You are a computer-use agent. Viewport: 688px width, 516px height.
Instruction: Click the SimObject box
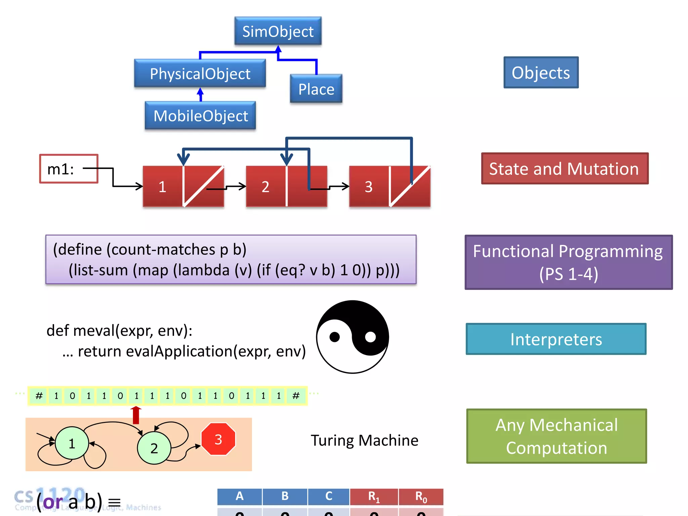[278, 31]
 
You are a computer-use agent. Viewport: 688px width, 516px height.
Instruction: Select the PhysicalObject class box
[200, 73]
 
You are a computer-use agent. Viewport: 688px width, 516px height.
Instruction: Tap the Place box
[316, 89]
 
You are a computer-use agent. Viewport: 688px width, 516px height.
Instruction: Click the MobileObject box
[201, 116]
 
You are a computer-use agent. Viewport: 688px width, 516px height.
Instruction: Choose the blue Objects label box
[541, 73]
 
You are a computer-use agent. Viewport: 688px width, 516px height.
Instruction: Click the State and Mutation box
[564, 169]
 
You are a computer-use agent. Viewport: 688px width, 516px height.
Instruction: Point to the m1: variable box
[69, 169]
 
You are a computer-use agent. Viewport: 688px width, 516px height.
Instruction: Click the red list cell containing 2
[265, 186]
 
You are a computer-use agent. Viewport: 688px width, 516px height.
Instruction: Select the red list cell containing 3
[369, 186]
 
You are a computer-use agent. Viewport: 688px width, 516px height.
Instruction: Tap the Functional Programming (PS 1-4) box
[568, 262]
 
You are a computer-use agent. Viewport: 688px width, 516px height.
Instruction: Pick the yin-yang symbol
[352, 337]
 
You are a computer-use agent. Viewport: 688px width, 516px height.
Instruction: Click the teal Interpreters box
[556, 339]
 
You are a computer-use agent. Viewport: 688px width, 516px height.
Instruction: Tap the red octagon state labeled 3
[218, 439]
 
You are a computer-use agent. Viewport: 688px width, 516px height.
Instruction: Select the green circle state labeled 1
[72, 443]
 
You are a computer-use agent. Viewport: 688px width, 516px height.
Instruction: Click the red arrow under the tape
[136, 415]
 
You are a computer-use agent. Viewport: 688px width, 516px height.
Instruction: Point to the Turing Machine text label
[364, 440]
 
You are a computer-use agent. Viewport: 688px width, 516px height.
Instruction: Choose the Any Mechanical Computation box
[556, 436]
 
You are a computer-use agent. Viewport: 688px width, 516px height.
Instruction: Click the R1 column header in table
[374, 497]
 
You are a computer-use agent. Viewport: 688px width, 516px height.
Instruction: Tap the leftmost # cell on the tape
[39, 396]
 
